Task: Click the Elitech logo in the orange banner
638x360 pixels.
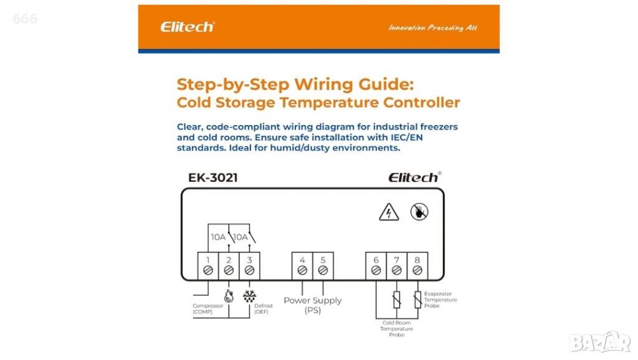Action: [x=188, y=27]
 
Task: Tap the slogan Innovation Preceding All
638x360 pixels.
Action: [x=432, y=27]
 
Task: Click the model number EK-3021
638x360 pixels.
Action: [x=213, y=178]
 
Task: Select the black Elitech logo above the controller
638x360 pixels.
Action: [x=414, y=178]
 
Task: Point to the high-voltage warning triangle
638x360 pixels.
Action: [x=389, y=212]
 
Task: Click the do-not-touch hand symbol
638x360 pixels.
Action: [x=419, y=212]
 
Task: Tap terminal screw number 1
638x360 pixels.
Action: [x=208, y=270]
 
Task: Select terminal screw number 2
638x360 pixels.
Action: [x=229, y=270]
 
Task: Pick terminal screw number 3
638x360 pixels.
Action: [x=249, y=270]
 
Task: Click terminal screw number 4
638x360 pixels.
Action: [x=302, y=270]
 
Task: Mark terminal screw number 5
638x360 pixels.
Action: [x=323, y=270]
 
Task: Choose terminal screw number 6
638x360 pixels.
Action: [x=376, y=270]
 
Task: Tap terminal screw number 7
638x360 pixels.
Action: [x=397, y=270]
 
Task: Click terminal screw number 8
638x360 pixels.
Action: [x=417, y=270]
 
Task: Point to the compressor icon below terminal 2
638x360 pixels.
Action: [x=229, y=296]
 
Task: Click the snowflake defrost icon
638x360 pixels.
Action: [x=249, y=296]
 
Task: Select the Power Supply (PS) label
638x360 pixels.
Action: [x=313, y=305]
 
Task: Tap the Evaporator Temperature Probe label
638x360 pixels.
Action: [x=440, y=300]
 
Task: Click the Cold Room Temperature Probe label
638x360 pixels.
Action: [x=397, y=329]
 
